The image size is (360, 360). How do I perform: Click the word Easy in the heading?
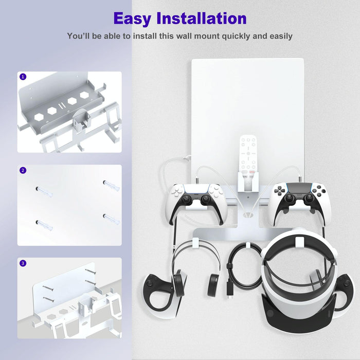[x=133, y=19]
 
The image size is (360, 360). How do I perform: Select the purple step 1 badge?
[x=23, y=77]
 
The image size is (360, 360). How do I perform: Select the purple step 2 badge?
[x=23, y=170]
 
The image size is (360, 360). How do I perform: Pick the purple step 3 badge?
[x=23, y=263]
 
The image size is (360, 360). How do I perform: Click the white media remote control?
[x=248, y=154]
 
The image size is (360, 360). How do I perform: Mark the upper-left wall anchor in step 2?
[x=44, y=191]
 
